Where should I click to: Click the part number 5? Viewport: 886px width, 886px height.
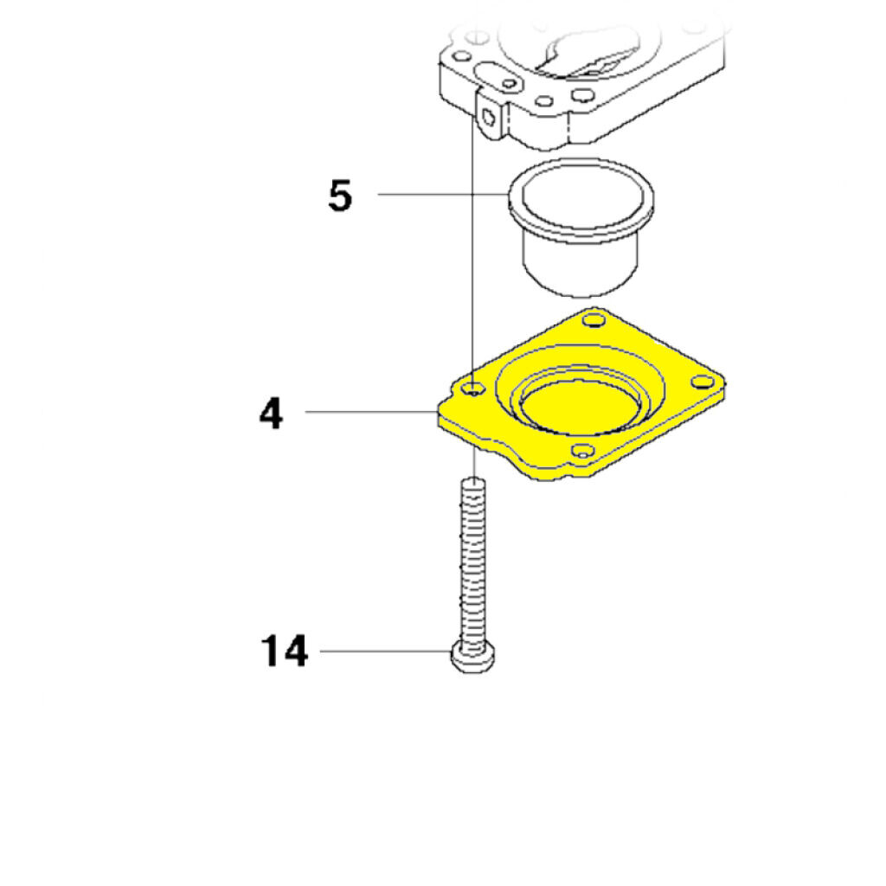coord(339,196)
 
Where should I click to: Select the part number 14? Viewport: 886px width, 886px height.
coord(284,651)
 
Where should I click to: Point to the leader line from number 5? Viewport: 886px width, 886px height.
coord(443,195)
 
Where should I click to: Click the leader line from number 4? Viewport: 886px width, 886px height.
coord(371,412)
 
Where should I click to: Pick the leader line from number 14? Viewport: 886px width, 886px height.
coord(385,651)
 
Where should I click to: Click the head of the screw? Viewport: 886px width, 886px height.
coord(473,658)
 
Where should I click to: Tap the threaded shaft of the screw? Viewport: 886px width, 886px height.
coord(473,562)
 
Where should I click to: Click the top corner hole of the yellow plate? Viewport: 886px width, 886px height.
coord(594,321)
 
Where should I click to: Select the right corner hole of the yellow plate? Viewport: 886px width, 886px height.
coord(703,382)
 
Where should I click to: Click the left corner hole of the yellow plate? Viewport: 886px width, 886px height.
coord(473,388)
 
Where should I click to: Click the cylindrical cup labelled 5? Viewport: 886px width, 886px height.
coord(581,228)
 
